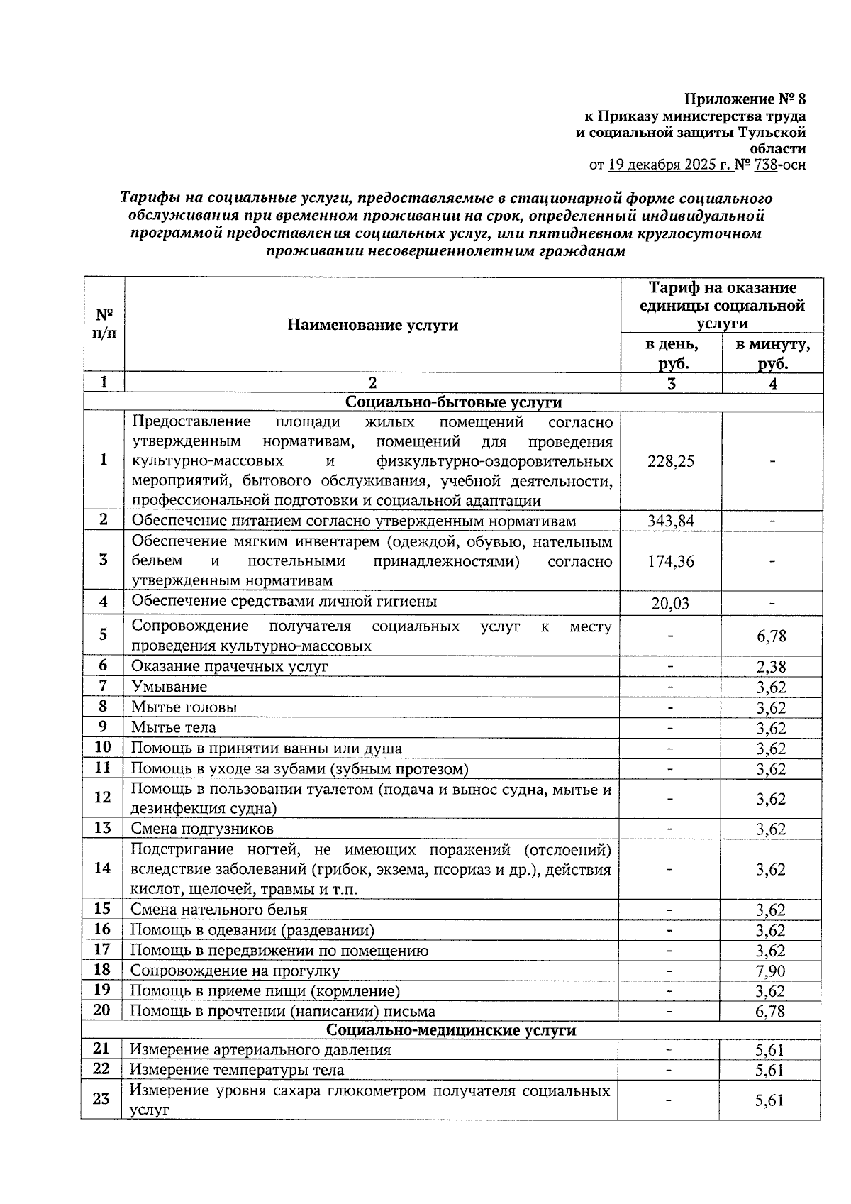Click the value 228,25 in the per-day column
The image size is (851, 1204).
[x=670, y=461]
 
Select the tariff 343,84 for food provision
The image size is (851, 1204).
[x=670, y=521]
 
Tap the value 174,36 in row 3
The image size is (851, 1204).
[x=670, y=562]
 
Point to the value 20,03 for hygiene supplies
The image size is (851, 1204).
[x=670, y=604]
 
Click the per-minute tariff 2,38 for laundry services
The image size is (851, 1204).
[x=771, y=666]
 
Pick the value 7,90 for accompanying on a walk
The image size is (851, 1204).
[x=771, y=971]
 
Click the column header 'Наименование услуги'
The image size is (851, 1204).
[x=372, y=325]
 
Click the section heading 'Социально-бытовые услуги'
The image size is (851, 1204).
[x=453, y=402]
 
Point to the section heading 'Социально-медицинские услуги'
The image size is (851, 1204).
[x=451, y=1030]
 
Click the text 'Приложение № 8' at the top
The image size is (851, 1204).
[x=745, y=98]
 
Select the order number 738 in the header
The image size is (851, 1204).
[x=766, y=165]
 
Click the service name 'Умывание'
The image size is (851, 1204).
[x=169, y=687]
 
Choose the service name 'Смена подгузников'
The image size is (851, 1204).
[x=202, y=829]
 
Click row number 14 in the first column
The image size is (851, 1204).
[x=102, y=868]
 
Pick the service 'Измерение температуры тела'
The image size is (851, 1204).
[x=237, y=1070]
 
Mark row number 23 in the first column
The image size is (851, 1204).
[x=101, y=1099]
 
